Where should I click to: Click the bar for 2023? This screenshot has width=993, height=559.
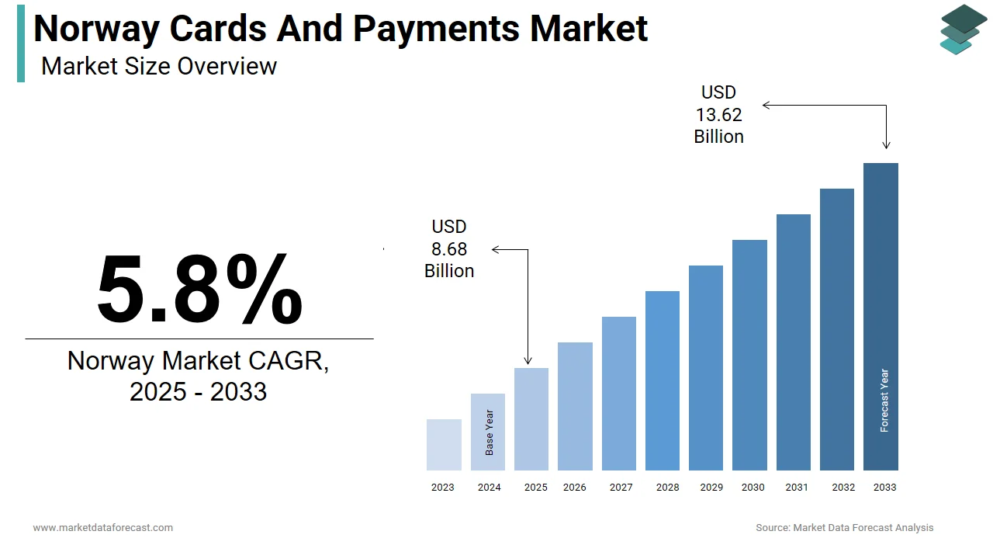[x=444, y=445]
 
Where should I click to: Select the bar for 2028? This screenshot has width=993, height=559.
[x=663, y=380]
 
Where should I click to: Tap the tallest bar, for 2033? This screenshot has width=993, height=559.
[x=881, y=317]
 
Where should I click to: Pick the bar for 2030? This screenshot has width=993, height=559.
[x=749, y=355]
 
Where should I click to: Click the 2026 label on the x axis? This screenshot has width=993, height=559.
[x=575, y=488]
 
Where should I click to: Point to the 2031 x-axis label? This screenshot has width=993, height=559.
[x=796, y=488]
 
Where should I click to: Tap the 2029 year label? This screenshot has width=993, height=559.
[x=711, y=488]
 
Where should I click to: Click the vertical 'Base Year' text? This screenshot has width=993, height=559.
[x=490, y=432]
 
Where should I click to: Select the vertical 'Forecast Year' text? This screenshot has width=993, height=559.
[x=884, y=401]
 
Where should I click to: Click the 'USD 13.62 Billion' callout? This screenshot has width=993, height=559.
[x=718, y=115]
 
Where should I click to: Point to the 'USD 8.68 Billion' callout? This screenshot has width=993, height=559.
[x=449, y=248]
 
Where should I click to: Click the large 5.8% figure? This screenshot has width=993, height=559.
[x=199, y=289]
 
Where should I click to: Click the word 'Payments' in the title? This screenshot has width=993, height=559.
[x=437, y=29]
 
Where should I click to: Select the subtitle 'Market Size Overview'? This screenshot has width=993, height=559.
[x=159, y=66]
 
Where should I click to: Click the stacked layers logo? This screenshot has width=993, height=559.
[x=963, y=30]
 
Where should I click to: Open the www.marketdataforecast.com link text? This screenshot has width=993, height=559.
[x=103, y=528]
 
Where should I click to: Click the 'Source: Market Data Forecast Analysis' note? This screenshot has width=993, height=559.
[x=845, y=528]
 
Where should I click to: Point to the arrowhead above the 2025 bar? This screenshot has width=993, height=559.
[x=528, y=360]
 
